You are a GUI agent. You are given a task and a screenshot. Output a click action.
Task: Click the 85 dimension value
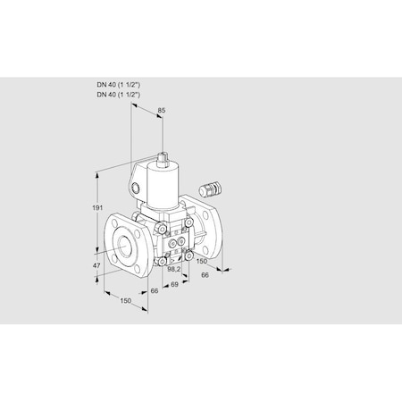click(x=161, y=112)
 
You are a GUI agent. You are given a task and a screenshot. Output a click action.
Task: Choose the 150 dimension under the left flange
click(x=127, y=302)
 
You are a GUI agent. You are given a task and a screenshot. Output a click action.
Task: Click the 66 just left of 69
click(x=154, y=290)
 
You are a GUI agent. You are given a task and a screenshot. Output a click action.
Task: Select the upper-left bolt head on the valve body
click(x=162, y=231)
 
